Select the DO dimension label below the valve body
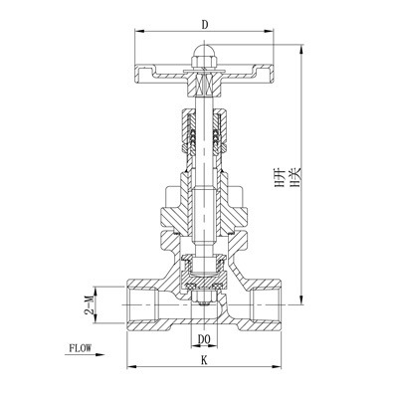click(205, 338)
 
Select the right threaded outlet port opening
click(273, 299)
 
